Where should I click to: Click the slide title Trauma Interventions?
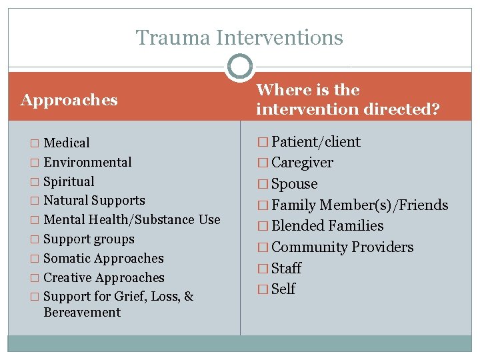point(239,38)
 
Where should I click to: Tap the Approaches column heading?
point(69,100)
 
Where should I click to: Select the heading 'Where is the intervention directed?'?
point(347,99)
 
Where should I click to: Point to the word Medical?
point(67,143)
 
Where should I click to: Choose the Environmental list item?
point(87,162)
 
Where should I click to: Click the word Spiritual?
point(69,181)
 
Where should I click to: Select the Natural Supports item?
point(94,200)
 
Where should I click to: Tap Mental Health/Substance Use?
point(131,219)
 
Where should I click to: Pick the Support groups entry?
point(89,239)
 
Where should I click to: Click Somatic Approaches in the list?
point(103,258)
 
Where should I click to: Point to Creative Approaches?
point(104,277)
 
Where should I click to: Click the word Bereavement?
point(82,312)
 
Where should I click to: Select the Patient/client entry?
point(316,142)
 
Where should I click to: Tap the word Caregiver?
point(303,163)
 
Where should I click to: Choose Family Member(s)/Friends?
point(360,205)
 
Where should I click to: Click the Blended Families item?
point(327,226)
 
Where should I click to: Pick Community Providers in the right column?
point(343,247)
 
